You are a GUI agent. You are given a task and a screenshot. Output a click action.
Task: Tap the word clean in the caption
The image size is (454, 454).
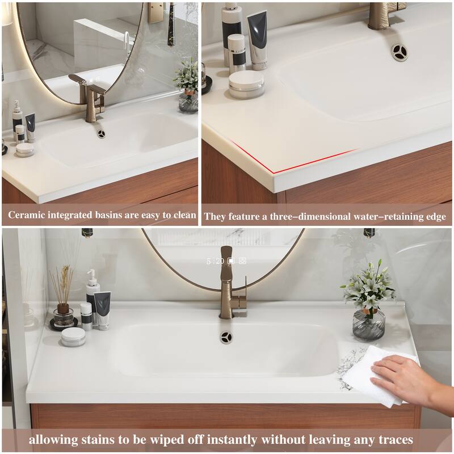(183, 216)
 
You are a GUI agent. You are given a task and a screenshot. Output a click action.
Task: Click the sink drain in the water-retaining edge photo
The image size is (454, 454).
(397, 52)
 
